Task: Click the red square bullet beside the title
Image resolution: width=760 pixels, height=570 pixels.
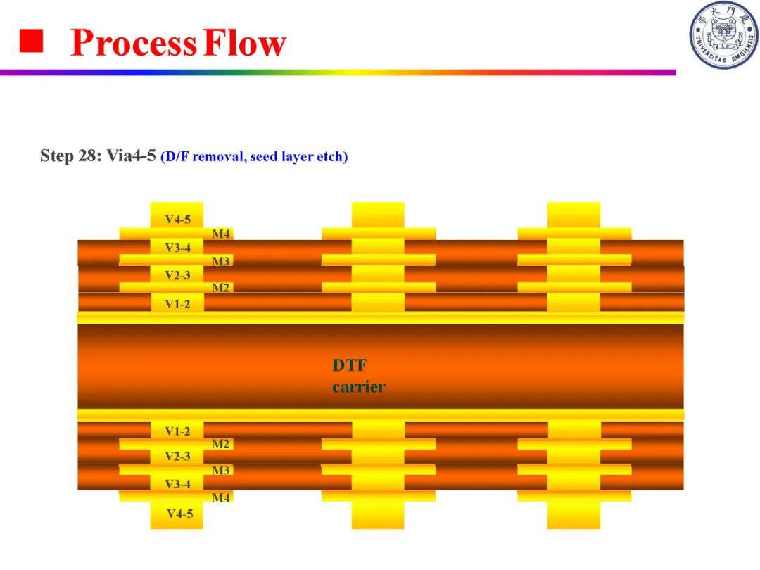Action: [x=31, y=41]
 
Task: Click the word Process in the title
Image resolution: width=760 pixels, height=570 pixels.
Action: [x=134, y=43]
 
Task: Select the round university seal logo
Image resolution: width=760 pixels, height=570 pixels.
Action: [x=724, y=35]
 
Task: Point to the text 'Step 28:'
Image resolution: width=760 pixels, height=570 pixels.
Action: [x=71, y=156]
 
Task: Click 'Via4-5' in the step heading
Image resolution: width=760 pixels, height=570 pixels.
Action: [x=132, y=156]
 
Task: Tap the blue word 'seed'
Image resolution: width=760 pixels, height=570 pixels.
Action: [x=264, y=157]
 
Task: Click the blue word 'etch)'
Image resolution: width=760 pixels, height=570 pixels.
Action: [x=332, y=157]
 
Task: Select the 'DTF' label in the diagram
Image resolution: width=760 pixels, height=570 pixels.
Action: [x=350, y=365]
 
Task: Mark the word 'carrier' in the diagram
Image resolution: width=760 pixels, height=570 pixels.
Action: [x=359, y=387]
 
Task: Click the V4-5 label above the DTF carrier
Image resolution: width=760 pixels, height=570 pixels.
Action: [x=178, y=219]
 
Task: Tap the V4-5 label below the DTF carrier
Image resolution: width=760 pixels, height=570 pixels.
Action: [x=180, y=514]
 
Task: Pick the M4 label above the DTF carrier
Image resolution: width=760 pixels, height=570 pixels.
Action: [x=221, y=234]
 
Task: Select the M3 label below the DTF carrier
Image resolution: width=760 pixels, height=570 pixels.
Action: [x=221, y=470]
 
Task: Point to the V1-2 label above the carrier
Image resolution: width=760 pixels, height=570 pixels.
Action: [x=177, y=304]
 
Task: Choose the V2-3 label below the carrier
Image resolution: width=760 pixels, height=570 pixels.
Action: [x=177, y=457]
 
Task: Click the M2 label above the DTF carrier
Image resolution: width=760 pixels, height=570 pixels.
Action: [x=221, y=288]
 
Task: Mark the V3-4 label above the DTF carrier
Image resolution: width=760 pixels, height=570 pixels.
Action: [x=178, y=248]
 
